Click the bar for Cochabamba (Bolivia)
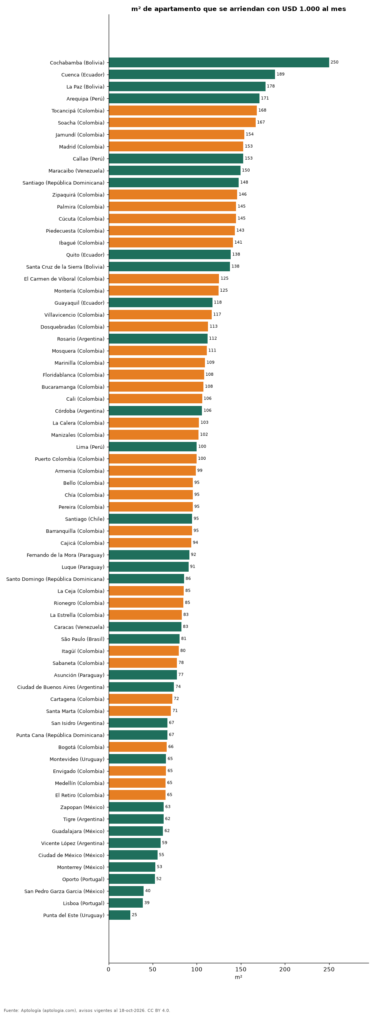point(219,62)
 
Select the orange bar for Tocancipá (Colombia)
point(183,110)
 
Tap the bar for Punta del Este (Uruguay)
point(119,915)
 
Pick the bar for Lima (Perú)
point(153,446)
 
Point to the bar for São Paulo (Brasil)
point(144,639)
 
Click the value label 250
point(334,62)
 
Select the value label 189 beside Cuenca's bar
point(280,74)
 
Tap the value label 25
point(134,915)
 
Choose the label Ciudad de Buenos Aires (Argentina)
point(61,687)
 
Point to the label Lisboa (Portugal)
point(84,903)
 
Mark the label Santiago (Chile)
point(85,519)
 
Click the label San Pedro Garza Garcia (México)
point(64,891)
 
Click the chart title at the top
point(238,9)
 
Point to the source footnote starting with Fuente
point(87,1010)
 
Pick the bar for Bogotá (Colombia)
point(137,746)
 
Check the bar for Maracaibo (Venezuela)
point(175,171)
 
